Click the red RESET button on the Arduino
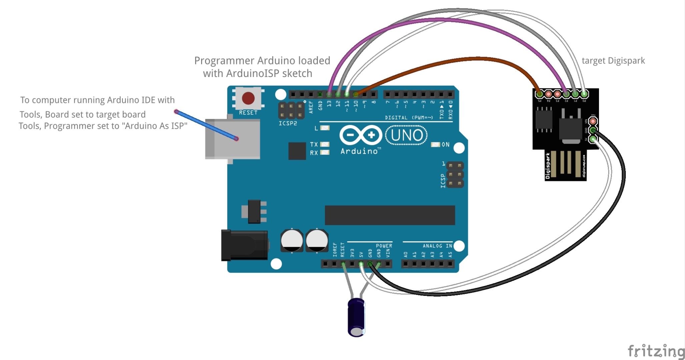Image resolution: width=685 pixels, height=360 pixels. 248,98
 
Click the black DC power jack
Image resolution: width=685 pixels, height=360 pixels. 244,245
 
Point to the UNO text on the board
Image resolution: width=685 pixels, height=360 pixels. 407,135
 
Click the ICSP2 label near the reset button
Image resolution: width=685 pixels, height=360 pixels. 287,123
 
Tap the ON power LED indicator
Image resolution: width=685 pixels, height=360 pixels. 436,145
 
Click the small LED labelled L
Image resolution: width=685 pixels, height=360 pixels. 324,128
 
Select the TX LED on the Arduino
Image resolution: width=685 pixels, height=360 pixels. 324,144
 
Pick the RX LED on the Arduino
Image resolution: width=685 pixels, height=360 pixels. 324,152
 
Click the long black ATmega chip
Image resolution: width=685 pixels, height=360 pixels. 390,215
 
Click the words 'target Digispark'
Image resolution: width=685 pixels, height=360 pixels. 613,61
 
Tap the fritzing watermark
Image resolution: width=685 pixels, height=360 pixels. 656,351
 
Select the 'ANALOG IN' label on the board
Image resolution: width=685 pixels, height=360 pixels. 437,246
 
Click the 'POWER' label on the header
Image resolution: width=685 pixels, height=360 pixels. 384,246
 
